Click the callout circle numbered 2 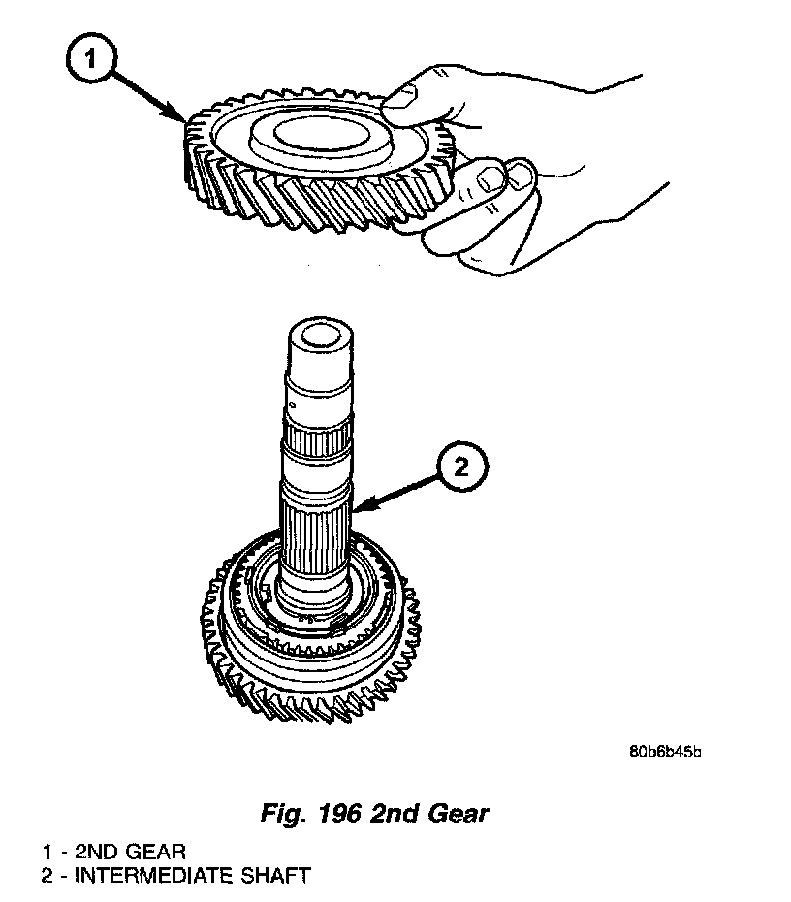(459, 468)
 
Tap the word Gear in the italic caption (457, 813)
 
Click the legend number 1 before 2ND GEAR (47, 853)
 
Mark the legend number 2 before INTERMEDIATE (47, 876)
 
